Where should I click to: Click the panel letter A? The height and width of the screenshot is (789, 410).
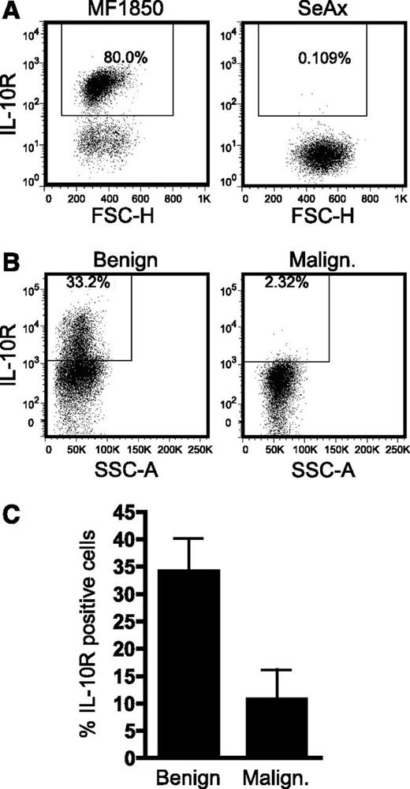(x=10, y=10)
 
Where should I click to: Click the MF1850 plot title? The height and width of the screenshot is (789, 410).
(x=126, y=10)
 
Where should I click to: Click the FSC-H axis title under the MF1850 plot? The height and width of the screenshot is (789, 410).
(x=126, y=223)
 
